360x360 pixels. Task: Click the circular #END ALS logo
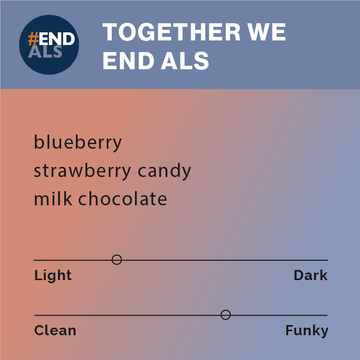49,45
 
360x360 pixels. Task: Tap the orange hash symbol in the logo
33,39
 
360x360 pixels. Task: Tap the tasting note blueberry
78,142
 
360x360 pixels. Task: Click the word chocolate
122,199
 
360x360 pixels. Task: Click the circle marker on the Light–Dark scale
117,260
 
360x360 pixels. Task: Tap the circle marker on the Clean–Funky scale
226,315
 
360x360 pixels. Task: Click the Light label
53,276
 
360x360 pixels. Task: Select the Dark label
310,276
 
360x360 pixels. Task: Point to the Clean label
55,331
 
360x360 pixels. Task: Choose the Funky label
306,331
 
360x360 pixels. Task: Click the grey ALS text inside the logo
46,51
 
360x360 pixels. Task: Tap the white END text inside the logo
58,39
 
